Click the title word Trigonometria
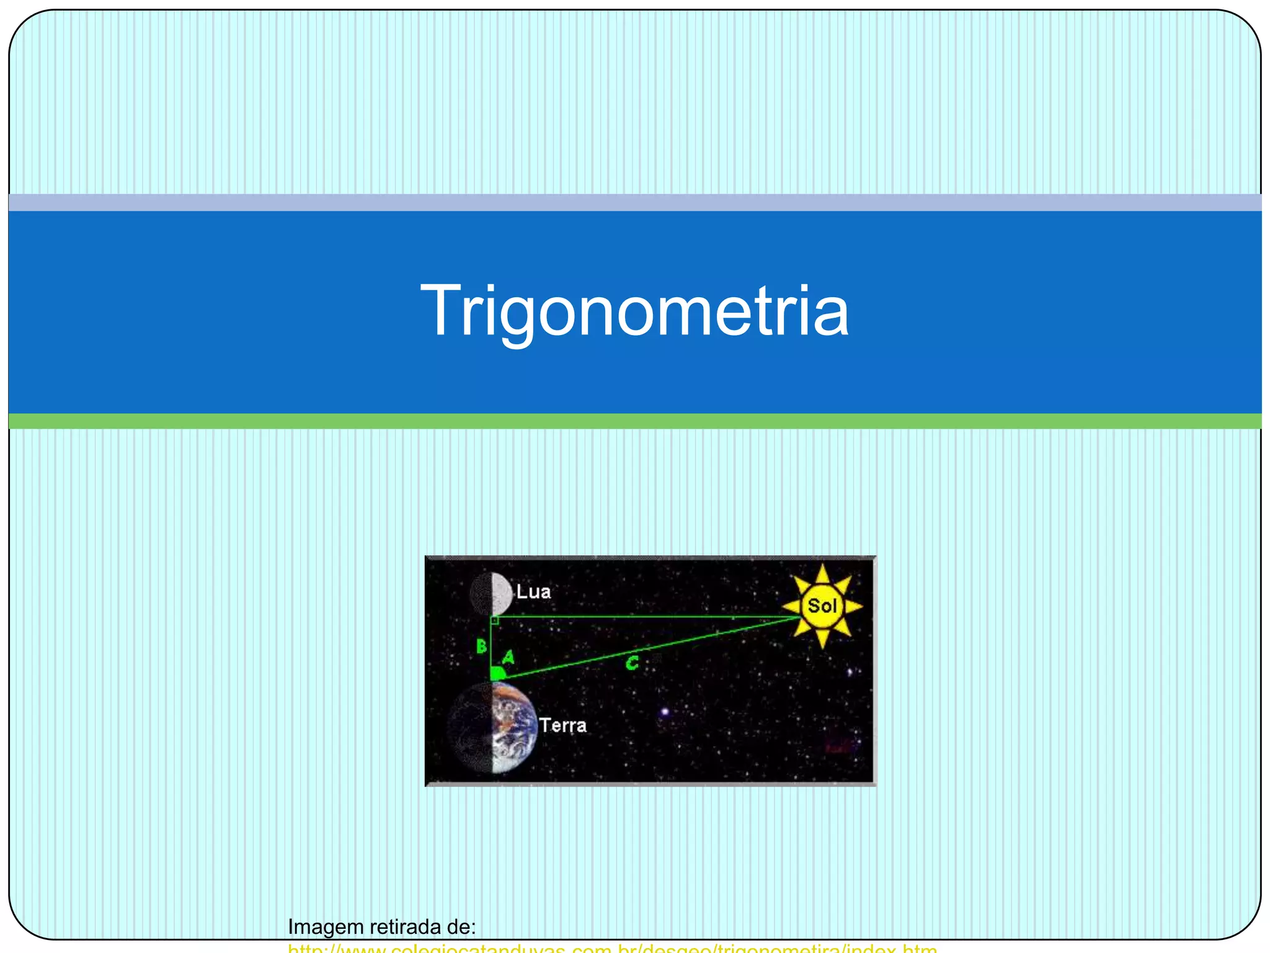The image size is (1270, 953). pos(634,310)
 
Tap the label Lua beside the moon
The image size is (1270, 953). pos(533,591)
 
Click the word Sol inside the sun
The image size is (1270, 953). pos(822,606)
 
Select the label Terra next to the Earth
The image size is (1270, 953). pos(562,725)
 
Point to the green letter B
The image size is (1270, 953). pos(481,647)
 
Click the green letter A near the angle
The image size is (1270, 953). pos(508,656)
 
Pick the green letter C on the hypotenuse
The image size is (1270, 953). pos(632,663)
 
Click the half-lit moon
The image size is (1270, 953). pos(491,594)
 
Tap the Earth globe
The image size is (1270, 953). pos(494,727)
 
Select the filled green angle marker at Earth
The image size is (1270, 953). pos(497,673)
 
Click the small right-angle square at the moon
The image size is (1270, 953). pos(495,620)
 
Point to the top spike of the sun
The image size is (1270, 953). pos(822,572)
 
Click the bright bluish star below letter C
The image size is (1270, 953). pos(665,711)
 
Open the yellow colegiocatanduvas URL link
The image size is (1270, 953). pos(612,949)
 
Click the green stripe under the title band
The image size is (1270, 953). pos(634,421)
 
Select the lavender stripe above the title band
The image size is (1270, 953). pos(634,202)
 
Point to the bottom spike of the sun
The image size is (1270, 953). pos(822,640)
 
